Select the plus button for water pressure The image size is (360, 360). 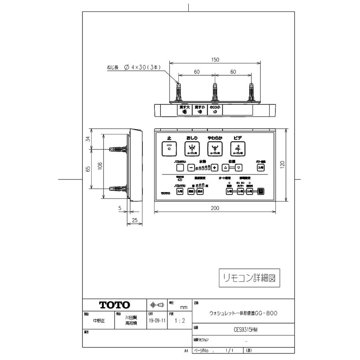tap(214, 168)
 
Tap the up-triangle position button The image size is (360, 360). tap(225, 168)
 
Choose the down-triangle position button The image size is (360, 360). tap(239, 168)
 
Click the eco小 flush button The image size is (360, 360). tap(215, 109)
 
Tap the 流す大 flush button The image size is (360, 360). tap(184, 109)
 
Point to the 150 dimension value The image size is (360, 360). tap(215, 60)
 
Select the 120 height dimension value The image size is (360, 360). tap(283, 165)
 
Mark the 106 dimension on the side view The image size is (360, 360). tap(100, 166)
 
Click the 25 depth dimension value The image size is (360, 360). tap(135, 220)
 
